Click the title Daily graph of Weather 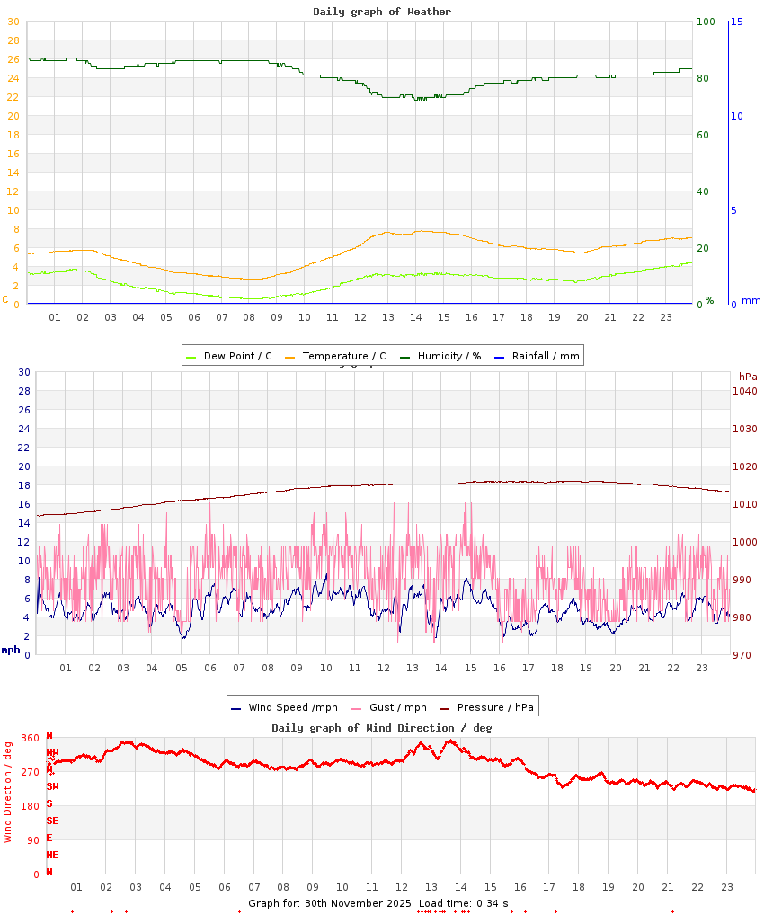point(382,12)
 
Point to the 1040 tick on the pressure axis point(745,391)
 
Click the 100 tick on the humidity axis point(706,22)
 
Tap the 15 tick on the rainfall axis point(736,22)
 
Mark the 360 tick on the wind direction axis point(31,739)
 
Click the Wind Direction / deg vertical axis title point(8,791)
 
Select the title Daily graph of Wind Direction point(382,728)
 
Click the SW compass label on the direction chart point(52,786)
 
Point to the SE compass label point(52,821)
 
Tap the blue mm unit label point(751,300)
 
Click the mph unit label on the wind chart point(11,650)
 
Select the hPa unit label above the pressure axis point(748,376)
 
